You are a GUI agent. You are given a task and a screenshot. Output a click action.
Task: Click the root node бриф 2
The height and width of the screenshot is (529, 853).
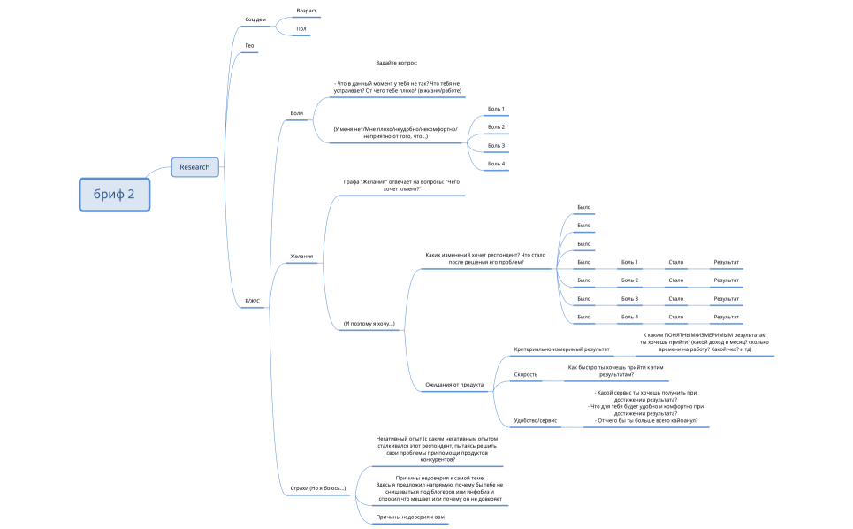pos(114,195)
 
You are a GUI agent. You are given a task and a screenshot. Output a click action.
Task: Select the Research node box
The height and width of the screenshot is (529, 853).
pos(194,166)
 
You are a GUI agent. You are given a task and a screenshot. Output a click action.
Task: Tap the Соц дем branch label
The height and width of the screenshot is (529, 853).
pos(255,19)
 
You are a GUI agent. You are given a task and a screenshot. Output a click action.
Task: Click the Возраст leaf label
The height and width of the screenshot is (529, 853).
pos(307,11)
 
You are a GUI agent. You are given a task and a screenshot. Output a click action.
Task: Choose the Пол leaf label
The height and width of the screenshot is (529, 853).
pos(301,29)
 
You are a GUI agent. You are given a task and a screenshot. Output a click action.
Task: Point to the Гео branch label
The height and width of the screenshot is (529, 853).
pos(249,45)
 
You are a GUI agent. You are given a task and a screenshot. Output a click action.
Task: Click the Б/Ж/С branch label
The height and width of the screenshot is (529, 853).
pos(254,301)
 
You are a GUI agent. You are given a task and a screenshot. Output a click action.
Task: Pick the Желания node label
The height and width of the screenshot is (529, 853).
pos(301,257)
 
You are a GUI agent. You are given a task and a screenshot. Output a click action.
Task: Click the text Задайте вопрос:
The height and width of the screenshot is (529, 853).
pos(396,63)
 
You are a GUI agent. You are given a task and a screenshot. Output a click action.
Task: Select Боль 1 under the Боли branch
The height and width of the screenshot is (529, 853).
pos(497,109)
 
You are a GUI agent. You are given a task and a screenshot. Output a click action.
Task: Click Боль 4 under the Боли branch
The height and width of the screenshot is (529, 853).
pos(497,164)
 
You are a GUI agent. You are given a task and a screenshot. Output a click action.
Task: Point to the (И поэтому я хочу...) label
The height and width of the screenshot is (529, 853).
pos(369,324)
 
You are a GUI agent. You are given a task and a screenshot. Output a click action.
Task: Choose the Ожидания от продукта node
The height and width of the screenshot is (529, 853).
pos(454,385)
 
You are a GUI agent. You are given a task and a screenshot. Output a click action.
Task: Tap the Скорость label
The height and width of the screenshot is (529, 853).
pos(526,375)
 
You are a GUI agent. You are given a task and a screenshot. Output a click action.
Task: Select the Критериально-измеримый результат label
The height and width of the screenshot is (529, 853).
pos(561,349)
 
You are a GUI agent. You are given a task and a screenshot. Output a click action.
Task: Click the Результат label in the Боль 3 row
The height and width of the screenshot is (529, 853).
pos(727,299)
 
